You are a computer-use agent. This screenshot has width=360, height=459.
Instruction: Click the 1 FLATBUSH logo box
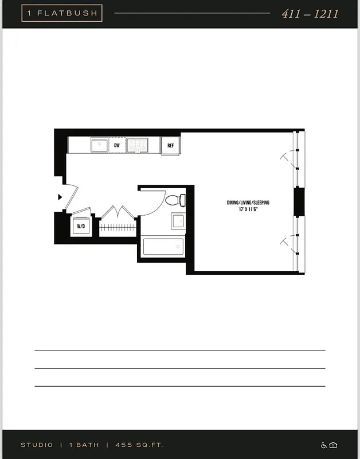(x=62, y=13)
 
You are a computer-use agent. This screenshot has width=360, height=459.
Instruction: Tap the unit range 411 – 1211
(x=310, y=14)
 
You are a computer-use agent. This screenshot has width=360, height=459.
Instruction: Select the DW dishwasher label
(x=117, y=146)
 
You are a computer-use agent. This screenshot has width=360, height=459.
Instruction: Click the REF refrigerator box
(x=170, y=146)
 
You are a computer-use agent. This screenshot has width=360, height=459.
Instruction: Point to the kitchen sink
(x=99, y=145)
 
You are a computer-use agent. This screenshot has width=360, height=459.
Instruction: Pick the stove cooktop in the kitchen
(x=137, y=145)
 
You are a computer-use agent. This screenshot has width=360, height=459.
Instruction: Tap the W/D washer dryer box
(x=81, y=226)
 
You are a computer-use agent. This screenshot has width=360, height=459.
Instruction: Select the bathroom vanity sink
(x=178, y=221)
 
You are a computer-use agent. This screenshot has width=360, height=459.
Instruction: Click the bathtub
(x=163, y=247)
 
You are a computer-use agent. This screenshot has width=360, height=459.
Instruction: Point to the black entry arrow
(x=60, y=197)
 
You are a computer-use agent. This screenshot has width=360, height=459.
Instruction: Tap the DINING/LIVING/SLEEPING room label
(x=248, y=203)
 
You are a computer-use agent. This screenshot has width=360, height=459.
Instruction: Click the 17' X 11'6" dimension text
(x=248, y=210)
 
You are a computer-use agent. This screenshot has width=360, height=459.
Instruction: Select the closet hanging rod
(x=118, y=227)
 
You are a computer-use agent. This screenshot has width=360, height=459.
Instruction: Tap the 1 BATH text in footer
(x=84, y=445)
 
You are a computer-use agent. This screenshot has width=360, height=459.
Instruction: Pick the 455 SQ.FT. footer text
(x=139, y=445)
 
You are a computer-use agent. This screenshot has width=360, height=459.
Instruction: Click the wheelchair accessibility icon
(x=324, y=445)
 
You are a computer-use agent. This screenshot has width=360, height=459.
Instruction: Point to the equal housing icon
(x=333, y=445)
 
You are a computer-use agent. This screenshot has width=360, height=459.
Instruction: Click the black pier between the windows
(x=299, y=201)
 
